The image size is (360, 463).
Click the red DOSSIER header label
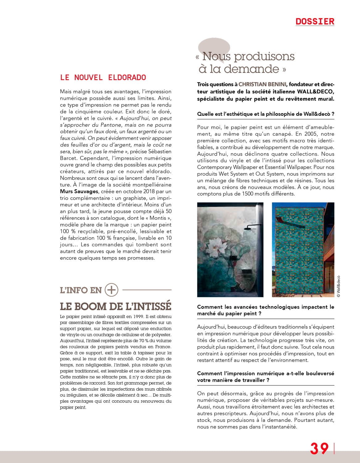coord(315,21)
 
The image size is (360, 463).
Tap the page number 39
coord(319,448)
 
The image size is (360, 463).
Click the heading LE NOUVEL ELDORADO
coord(103,77)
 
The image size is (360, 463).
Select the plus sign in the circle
coord(111,290)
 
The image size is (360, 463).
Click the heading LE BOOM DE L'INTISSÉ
coord(115,306)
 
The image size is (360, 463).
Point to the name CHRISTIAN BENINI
coord(263,84)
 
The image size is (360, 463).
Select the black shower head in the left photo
coord(250,229)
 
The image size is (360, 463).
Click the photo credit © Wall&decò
coord(338,286)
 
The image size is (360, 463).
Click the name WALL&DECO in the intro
coord(315,92)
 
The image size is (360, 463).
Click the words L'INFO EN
coord(81,290)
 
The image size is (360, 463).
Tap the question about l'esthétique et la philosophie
coord(266,114)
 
